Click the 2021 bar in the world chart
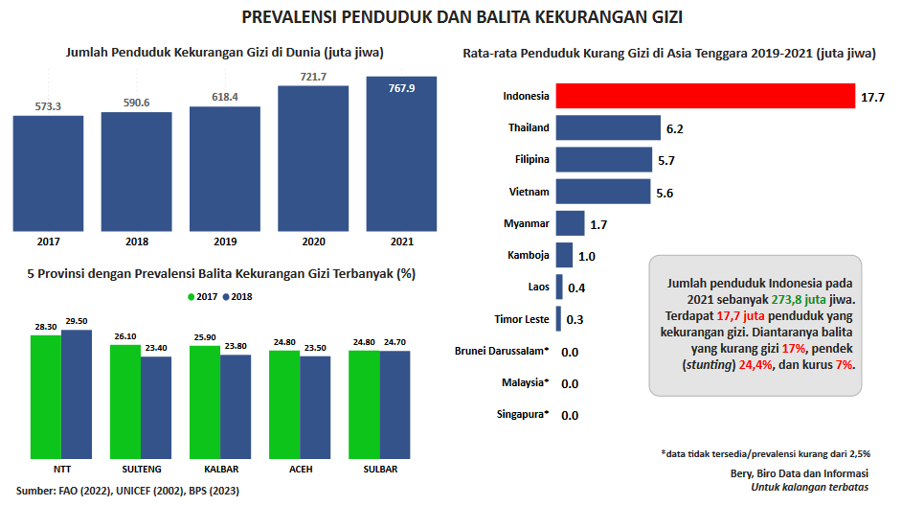401,153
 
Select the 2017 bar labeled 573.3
48,172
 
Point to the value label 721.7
312,77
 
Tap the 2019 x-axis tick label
225,241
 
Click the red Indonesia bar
705,97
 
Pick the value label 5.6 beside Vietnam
665,193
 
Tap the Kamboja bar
564,256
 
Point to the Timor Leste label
521,319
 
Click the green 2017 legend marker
192,296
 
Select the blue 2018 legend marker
227,296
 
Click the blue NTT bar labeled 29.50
77,393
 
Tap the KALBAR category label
220,470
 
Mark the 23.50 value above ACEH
315,348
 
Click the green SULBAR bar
364,403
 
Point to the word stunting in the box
707,365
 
